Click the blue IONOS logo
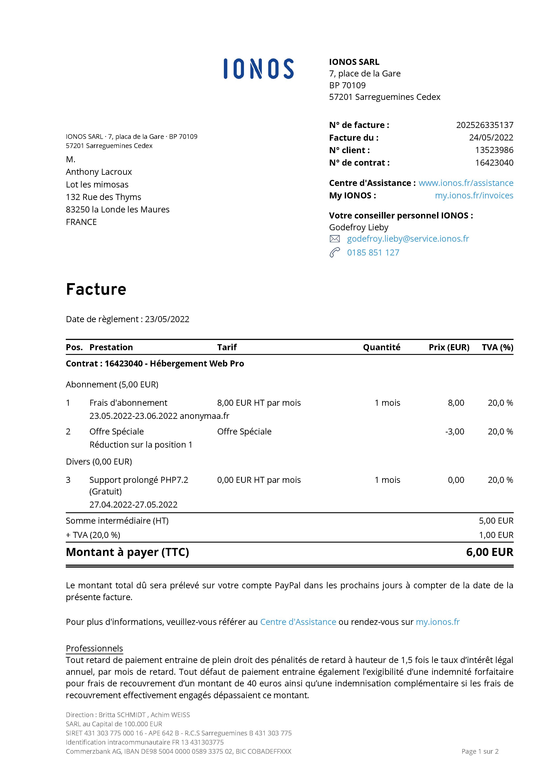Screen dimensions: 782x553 pos(258,69)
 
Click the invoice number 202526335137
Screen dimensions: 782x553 pos(485,125)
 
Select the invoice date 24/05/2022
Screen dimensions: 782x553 pos(491,138)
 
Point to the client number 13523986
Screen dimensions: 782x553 pos(494,150)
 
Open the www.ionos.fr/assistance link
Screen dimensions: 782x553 pos(466,183)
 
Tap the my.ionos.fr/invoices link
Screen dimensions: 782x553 pos(474,195)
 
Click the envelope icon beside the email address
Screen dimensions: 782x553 pos(335,239)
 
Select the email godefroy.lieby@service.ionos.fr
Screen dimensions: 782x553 pos(408,239)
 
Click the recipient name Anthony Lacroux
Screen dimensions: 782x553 pos(99,172)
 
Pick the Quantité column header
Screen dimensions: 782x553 pos(381,347)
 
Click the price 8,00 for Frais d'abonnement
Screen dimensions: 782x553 pos(456,403)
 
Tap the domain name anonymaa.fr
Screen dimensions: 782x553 pos(204,416)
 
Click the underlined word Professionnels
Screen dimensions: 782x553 pos(94,648)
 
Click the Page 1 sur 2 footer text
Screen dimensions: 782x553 pos(480,751)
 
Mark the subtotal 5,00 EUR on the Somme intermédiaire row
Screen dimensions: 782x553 pos(496,521)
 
